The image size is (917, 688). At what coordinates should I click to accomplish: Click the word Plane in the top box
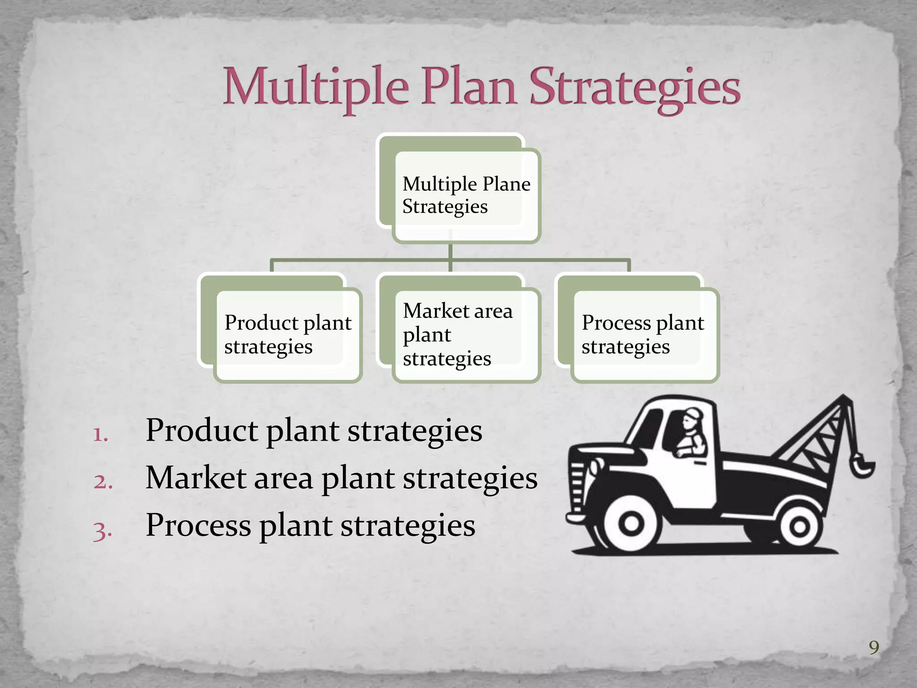click(x=506, y=184)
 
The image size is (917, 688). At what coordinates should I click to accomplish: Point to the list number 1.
click(x=100, y=434)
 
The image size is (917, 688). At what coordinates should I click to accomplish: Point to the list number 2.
click(x=103, y=482)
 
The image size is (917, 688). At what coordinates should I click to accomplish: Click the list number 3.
click(x=103, y=530)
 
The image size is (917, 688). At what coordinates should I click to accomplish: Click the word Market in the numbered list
click(x=196, y=478)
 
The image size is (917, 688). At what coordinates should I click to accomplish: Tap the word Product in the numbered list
click(x=201, y=430)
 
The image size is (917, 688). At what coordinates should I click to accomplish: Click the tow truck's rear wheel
click(x=800, y=528)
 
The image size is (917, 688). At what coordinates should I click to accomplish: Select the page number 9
click(x=874, y=648)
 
